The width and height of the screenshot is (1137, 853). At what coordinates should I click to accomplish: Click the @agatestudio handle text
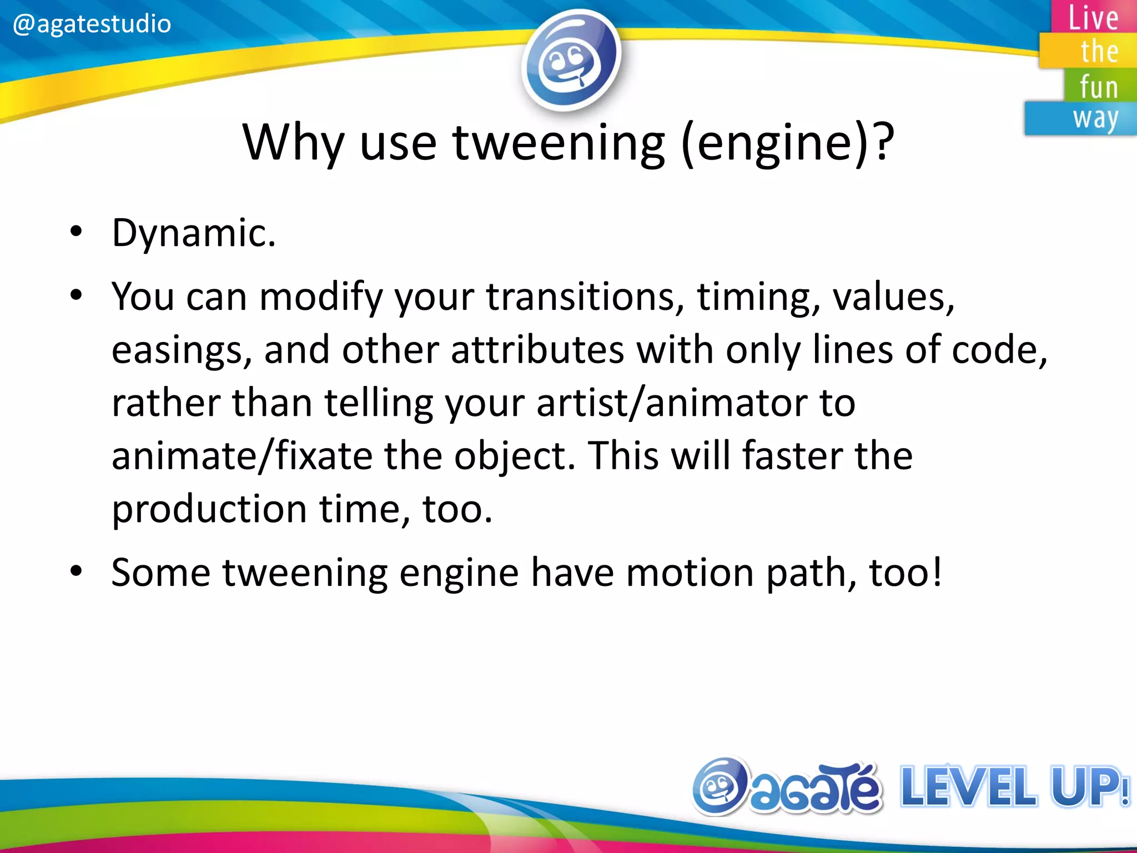tap(92, 23)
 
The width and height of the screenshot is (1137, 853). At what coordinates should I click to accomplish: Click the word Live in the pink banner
tap(1093, 18)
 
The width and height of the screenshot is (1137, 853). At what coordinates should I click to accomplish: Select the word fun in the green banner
tap(1099, 87)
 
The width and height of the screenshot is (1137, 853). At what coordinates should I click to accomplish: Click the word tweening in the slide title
tap(559, 143)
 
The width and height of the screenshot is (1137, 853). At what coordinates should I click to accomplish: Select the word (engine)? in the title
tap(787, 143)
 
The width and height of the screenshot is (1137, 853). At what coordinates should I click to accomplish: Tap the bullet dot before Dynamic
tap(76, 232)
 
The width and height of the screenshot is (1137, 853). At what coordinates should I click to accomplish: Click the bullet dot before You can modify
tap(76, 295)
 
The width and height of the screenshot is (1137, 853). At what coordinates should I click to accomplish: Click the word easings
tap(181, 350)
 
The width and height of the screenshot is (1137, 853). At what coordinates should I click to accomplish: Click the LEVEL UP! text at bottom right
tap(1014, 787)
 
